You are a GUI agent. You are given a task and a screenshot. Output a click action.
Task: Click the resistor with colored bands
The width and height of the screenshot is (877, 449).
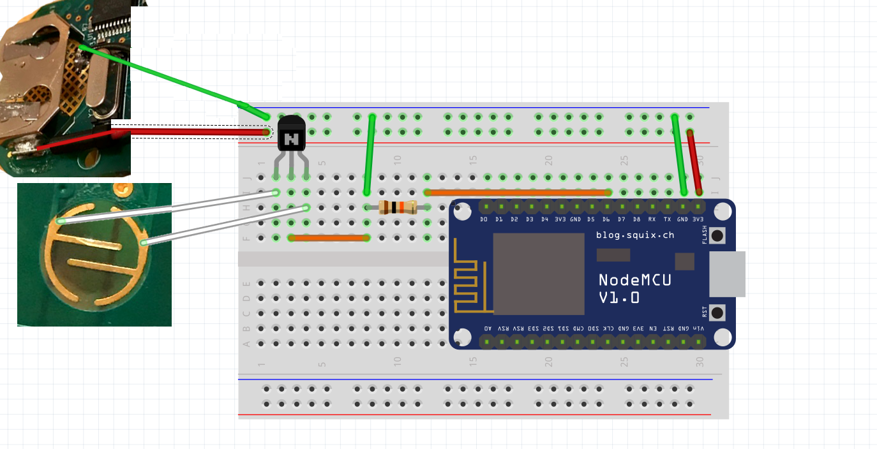[397, 207]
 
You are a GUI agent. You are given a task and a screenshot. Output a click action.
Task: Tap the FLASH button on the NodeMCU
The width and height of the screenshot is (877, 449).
[717, 235]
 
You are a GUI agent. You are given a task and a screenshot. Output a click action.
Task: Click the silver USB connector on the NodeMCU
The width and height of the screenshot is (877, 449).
[728, 274]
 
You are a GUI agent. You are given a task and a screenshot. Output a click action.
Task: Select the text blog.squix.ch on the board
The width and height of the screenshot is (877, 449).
[634, 235]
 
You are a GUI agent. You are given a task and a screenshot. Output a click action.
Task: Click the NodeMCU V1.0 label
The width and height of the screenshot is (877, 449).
[634, 288]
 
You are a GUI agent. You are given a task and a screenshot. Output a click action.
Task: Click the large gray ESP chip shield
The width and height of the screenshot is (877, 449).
[539, 274]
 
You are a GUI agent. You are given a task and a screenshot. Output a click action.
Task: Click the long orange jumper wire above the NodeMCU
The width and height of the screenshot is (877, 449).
[517, 192]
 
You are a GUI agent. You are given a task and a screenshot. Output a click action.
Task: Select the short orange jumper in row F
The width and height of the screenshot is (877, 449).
[329, 238]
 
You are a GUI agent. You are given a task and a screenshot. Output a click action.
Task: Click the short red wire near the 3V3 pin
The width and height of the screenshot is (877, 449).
[694, 163]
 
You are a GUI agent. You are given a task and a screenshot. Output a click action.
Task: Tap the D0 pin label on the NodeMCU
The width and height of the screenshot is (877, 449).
[484, 219]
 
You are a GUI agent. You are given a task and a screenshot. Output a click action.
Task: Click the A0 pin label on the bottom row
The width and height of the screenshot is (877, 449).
[488, 328]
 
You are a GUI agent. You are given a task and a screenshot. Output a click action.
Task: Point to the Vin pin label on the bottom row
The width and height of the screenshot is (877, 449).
[698, 328]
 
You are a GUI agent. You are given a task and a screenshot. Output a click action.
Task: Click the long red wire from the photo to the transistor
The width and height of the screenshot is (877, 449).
[191, 132]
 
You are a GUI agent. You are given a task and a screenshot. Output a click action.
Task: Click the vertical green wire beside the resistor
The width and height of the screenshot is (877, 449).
[370, 154]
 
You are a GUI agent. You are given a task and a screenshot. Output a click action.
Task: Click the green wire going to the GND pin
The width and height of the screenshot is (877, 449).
[679, 154]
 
